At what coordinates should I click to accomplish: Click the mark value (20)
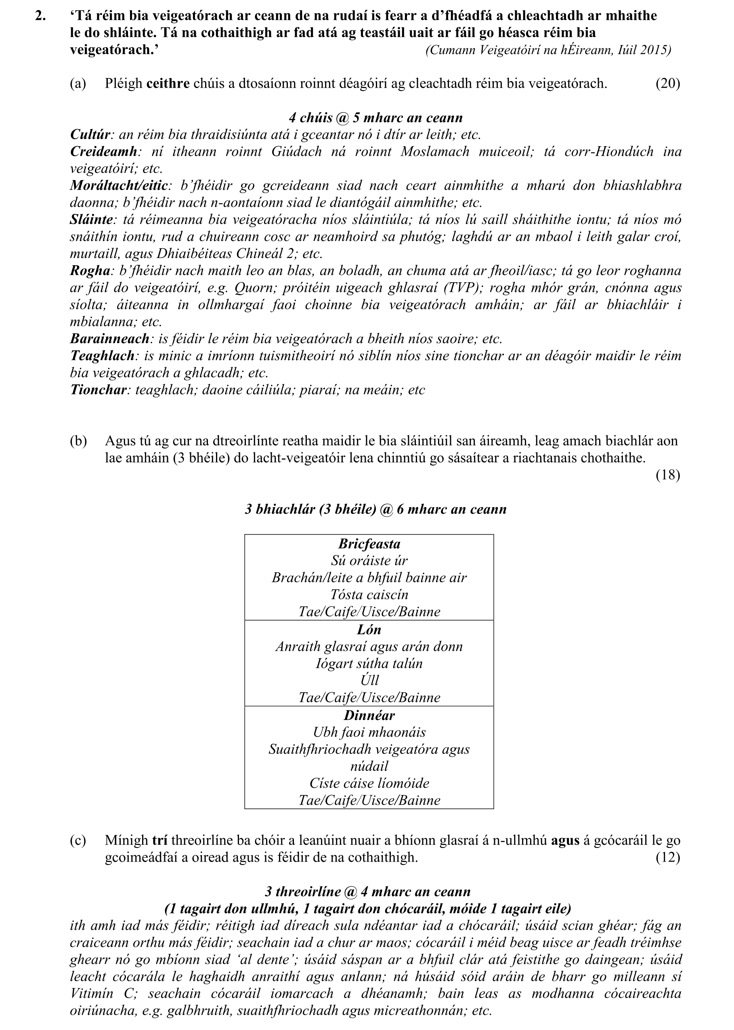coord(667,84)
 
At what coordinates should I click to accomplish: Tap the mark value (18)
coord(667,475)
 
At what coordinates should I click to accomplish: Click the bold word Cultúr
coord(90,135)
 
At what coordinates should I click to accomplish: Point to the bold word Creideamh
coord(103,151)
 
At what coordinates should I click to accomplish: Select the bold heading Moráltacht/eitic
coord(119,186)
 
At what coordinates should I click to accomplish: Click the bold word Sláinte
coord(91,220)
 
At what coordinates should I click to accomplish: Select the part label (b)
coord(78,441)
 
